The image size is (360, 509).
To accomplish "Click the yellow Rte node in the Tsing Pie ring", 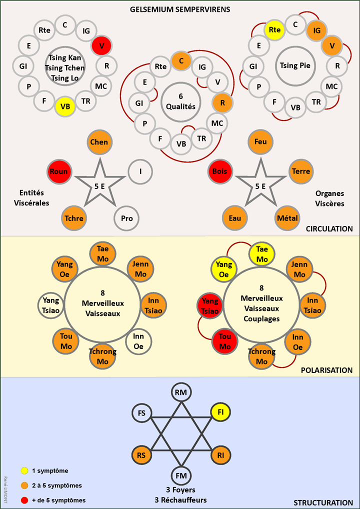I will (x=274, y=30).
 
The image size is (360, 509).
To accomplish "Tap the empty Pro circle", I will (x=126, y=218).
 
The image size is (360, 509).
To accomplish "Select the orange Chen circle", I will (x=99, y=142).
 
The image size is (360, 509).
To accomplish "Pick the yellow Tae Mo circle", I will (x=262, y=254).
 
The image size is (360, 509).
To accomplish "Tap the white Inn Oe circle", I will (x=138, y=342).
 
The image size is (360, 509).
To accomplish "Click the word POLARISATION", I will (x=326, y=370).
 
